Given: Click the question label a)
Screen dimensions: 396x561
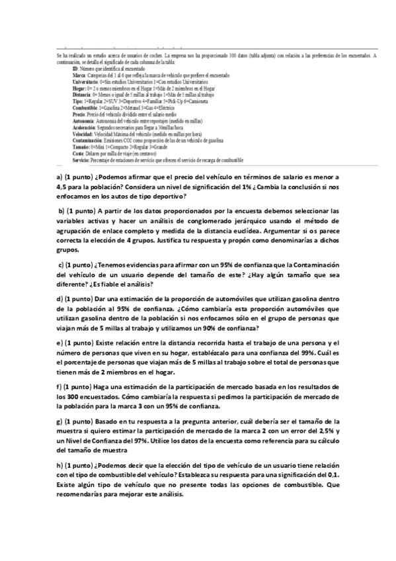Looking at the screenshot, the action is [x=59, y=177].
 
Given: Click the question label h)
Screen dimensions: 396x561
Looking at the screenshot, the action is [x=59, y=465].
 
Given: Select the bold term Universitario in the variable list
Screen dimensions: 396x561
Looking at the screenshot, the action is [x=87, y=82].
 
